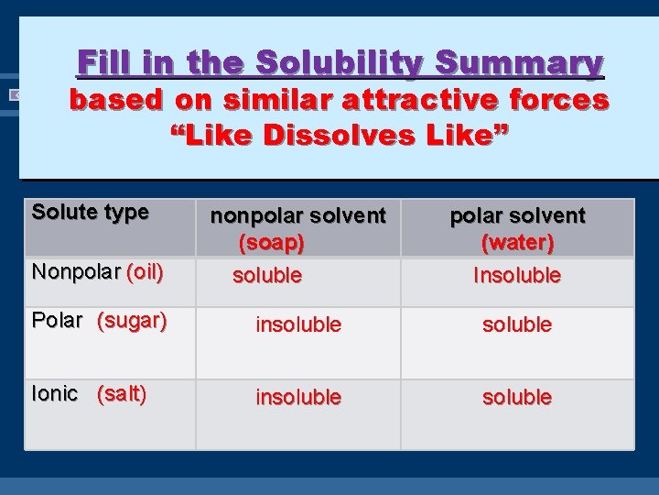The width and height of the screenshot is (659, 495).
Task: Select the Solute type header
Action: click(x=90, y=212)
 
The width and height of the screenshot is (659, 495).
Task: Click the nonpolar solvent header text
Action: click(x=298, y=215)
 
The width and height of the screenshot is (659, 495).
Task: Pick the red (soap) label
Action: click(x=271, y=243)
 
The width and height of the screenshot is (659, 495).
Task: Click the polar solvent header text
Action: click(x=517, y=215)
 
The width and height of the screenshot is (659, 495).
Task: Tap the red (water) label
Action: click(x=517, y=243)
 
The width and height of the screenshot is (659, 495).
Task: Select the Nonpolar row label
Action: click(x=76, y=272)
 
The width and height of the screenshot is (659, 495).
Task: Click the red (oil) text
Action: click(x=145, y=272)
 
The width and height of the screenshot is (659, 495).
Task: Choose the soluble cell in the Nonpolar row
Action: click(x=267, y=275)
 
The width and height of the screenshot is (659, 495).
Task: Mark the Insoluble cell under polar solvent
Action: click(x=517, y=275)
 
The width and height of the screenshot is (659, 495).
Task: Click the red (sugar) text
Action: click(x=132, y=321)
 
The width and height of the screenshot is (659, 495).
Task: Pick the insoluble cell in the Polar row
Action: click(x=298, y=324)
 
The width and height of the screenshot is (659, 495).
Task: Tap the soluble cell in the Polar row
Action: click(x=517, y=324)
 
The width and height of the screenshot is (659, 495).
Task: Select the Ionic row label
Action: click(x=55, y=393)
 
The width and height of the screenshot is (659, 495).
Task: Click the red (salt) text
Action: click(x=122, y=393)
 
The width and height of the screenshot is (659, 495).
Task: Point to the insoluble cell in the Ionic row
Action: click(x=298, y=397)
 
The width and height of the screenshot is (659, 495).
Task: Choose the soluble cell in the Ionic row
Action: click(x=517, y=397)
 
